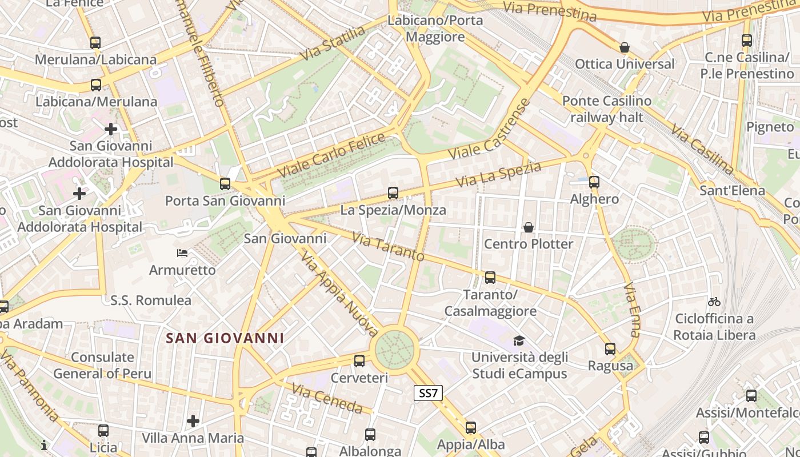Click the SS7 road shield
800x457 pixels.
click(428, 393)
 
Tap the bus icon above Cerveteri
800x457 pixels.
click(359, 361)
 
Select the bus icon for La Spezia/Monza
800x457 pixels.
click(393, 193)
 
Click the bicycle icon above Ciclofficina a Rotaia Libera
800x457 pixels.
click(714, 302)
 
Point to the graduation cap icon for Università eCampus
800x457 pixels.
click(519, 341)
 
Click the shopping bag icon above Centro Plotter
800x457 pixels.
click(529, 227)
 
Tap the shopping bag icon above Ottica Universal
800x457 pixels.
click(625, 47)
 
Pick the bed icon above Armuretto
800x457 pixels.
click(182, 253)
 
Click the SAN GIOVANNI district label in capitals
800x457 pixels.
click(225, 338)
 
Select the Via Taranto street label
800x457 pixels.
click(388, 247)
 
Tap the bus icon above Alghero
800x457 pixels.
click(594, 182)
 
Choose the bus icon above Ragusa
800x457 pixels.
click(610, 349)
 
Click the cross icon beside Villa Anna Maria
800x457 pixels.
click(193, 422)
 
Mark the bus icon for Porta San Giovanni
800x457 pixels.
click(225, 184)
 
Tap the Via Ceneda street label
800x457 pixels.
click(327, 399)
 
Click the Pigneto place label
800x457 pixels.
click(770, 126)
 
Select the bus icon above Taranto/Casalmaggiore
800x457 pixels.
click(490, 278)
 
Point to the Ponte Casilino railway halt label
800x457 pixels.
click(606, 109)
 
